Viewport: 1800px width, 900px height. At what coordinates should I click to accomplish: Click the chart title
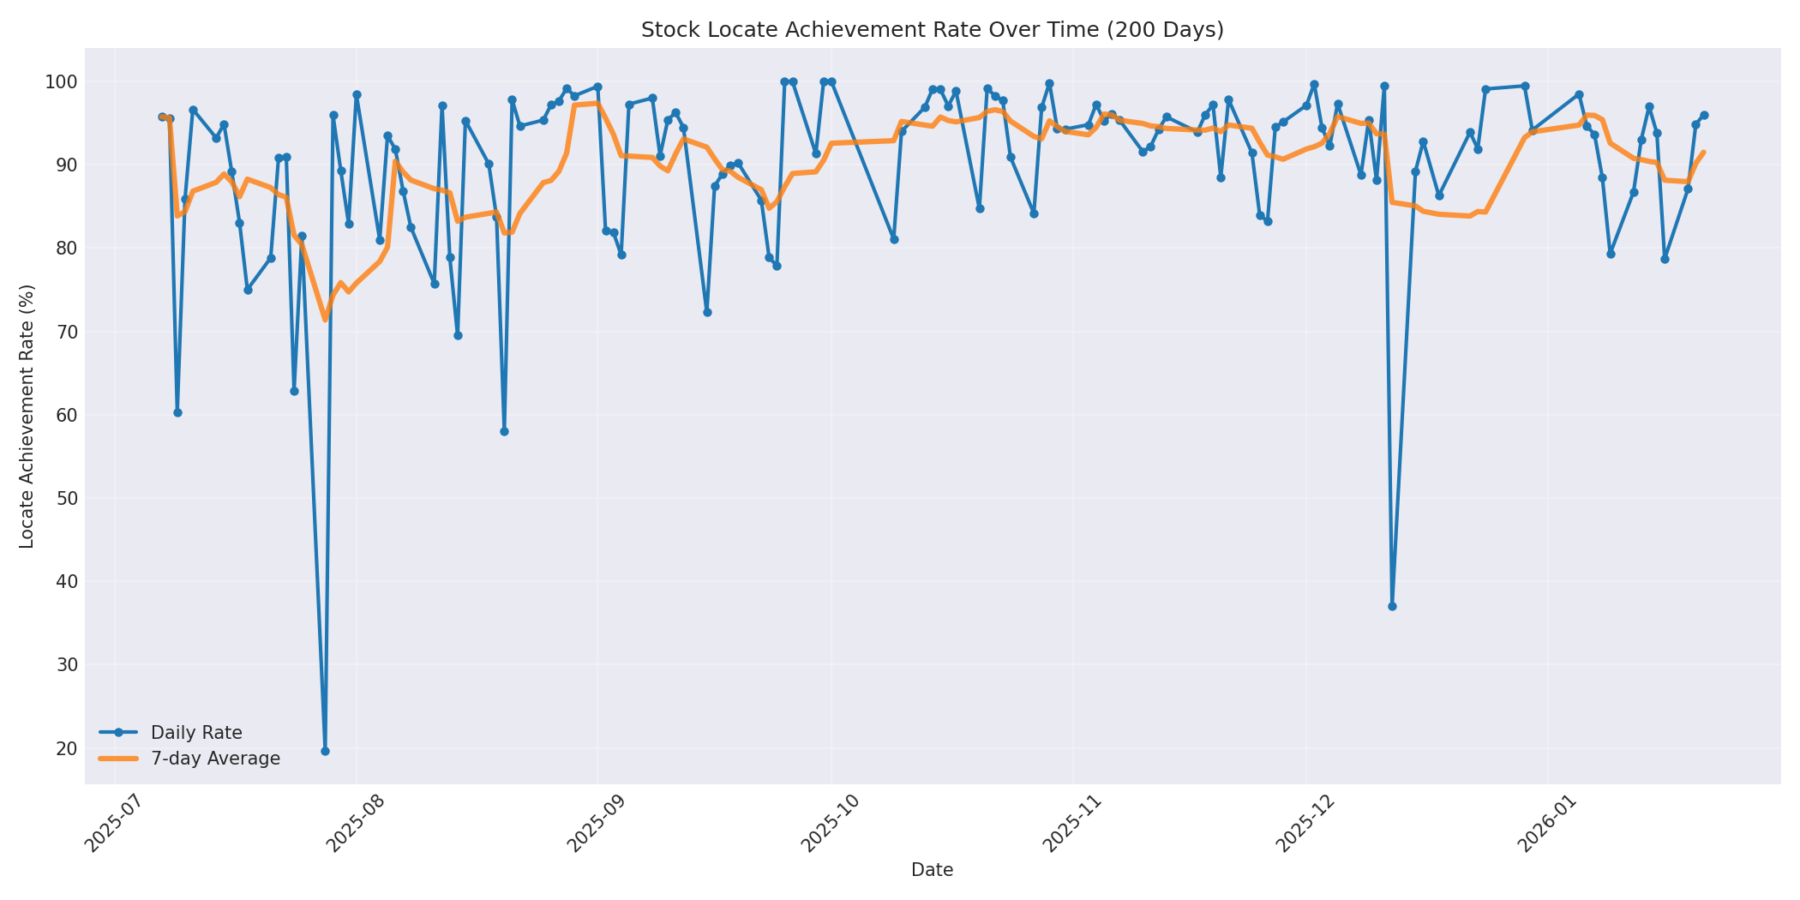coord(932,30)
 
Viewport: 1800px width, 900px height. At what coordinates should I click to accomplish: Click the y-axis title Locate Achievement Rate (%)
coord(27,416)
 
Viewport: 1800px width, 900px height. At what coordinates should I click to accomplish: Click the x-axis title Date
coord(932,870)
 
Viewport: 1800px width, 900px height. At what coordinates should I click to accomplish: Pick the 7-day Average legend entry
coord(214,759)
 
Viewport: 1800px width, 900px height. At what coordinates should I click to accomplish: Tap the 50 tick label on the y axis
coord(68,499)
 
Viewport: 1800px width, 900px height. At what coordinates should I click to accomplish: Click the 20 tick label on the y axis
coord(68,748)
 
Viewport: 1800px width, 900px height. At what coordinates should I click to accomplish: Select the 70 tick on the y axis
coord(68,332)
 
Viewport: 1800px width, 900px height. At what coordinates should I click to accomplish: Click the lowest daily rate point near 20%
coord(325,751)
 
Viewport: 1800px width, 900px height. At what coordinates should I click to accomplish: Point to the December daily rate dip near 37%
coord(1392,606)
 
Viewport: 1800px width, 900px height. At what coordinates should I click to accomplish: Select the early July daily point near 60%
coord(177,412)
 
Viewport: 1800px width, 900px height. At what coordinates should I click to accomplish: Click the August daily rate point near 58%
coord(504,431)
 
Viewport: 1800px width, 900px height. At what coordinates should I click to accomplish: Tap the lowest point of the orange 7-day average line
coord(325,320)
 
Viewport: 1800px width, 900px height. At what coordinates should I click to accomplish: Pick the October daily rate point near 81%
coord(894,239)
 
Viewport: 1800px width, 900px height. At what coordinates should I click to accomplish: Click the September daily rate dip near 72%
coord(707,312)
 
